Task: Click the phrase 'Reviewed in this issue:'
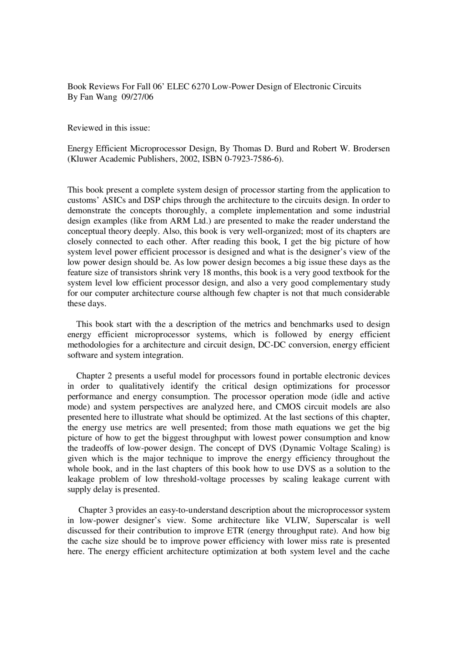tap(109, 128)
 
